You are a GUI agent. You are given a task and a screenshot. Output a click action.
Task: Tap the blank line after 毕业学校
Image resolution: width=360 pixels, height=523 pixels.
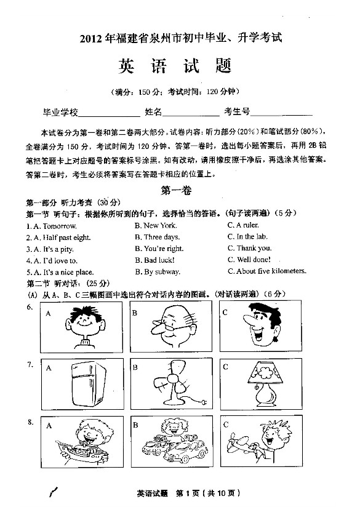coord(110,114)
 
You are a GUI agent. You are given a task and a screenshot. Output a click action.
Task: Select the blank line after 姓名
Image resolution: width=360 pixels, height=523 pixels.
coord(190,114)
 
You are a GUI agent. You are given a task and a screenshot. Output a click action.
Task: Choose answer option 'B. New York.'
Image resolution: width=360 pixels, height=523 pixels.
coord(156,225)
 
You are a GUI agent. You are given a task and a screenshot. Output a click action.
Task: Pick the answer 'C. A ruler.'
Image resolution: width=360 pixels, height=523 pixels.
coord(243,225)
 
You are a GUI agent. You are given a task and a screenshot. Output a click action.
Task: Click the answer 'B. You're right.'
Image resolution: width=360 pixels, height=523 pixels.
coord(159,249)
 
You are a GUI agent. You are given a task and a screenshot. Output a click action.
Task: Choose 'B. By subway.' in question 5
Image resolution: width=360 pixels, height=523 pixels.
coord(158,271)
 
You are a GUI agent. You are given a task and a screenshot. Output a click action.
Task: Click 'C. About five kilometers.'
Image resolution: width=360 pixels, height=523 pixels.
coord(266,271)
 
